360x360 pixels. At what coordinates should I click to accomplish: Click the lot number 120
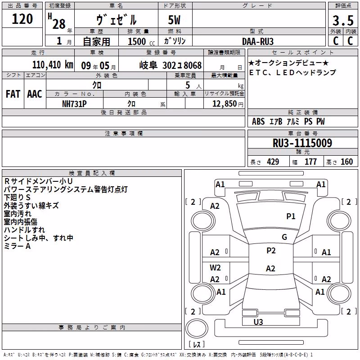pos(22,19)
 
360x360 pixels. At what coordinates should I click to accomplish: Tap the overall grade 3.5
pos(343,21)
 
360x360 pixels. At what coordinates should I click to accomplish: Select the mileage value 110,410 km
pos(53,65)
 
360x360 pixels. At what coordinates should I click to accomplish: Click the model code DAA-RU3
pos(258,41)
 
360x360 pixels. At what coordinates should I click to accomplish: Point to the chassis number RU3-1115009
pos(302,143)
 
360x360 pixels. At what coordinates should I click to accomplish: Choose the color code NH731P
pos(74,104)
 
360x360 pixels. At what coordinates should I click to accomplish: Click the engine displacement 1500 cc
pos(141,41)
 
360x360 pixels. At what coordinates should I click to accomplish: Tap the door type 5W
pos(174,20)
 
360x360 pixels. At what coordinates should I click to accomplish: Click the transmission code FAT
pos(13,94)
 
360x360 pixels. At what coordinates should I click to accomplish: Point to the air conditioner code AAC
pos(35,94)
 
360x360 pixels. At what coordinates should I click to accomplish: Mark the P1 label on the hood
pos(291,216)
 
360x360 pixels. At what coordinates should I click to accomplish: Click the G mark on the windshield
pos(284,237)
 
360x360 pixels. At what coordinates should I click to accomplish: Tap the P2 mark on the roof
pos(271,250)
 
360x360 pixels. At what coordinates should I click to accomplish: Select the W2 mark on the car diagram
pos(215,267)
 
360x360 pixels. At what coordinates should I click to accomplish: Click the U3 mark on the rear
pos(258,322)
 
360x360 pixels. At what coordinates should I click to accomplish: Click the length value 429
pos(273,162)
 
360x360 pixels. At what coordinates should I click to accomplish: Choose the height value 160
pos(346,162)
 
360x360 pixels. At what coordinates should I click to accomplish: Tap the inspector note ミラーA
pos(17,246)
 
